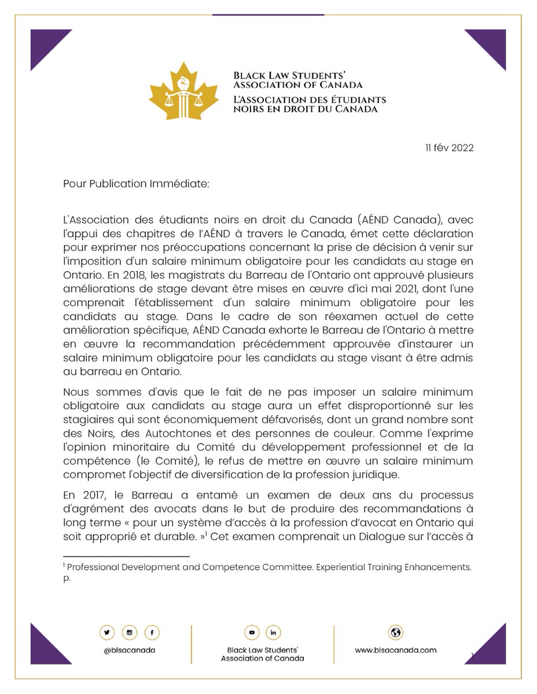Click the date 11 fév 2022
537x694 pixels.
(448, 148)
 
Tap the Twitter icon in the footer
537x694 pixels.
(107, 633)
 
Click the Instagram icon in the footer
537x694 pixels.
(129, 633)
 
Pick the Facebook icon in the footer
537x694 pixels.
(151, 633)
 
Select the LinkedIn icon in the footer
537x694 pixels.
(273, 633)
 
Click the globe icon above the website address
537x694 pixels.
(396, 632)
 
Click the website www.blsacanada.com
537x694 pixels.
(396, 649)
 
